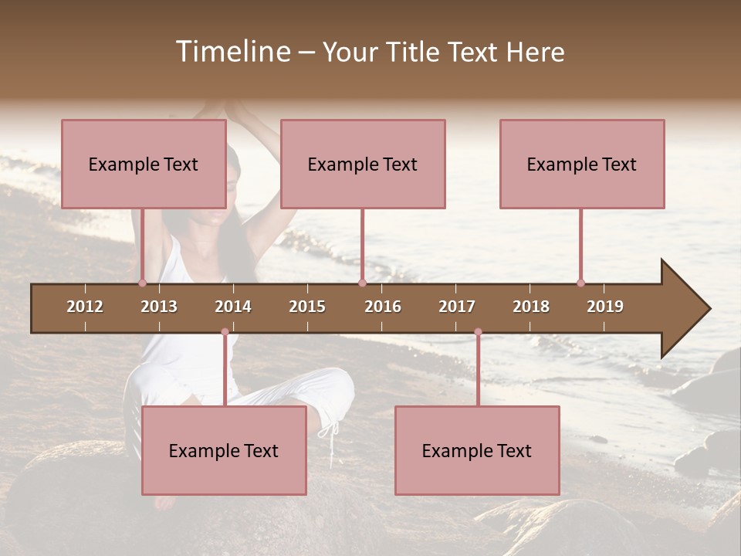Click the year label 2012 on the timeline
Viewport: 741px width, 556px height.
[85, 307]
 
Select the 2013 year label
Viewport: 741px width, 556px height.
[159, 307]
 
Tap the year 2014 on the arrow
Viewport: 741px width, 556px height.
[233, 307]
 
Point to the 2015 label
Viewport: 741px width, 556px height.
[307, 307]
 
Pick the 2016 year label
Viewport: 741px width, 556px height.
[383, 307]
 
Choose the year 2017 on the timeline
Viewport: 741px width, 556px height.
[457, 307]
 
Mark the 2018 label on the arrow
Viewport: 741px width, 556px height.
[531, 307]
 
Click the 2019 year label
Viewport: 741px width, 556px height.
[605, 307]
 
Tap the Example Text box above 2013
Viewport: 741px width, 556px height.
[143, 164]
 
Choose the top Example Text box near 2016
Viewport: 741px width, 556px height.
[362, 164]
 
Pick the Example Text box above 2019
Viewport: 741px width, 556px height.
[581, 164]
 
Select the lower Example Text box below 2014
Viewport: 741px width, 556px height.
[223, 450]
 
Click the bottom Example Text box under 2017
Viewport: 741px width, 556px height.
[476, 450]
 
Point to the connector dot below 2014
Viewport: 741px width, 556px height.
[225, 332]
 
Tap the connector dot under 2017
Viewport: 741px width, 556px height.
[478, 332]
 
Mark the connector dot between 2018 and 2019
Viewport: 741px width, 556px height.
[580, 283]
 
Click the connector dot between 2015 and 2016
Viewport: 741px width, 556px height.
[362, 283]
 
